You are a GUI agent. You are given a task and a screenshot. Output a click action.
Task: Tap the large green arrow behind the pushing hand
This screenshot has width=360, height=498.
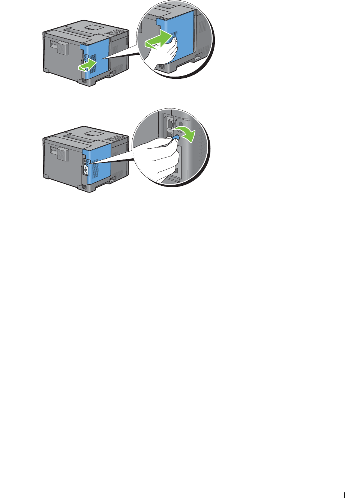[159, 39]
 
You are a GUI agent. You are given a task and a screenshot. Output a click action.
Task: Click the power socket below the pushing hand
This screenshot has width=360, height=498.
[162, 66]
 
